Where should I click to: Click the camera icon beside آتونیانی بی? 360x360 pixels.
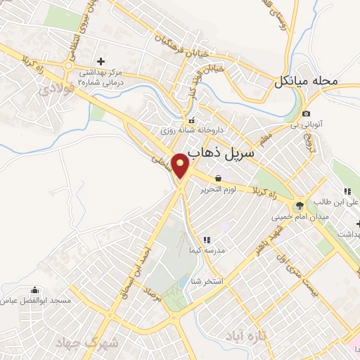tap(306, 114)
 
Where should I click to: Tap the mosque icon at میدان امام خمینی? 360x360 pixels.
tap(301, 205)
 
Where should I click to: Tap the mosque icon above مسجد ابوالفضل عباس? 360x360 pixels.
tap(34, 289)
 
